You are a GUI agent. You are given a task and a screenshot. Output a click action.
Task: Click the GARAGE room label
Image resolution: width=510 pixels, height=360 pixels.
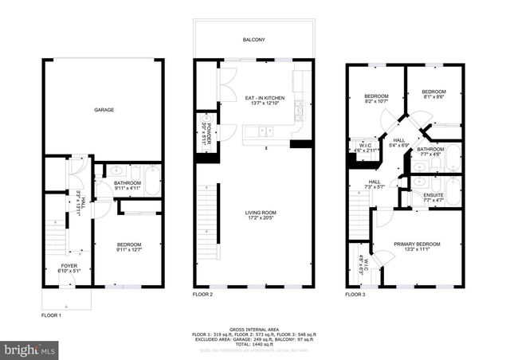pos(104,109)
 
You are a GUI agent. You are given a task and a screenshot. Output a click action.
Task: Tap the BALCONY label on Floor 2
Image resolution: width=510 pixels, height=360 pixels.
pos(254,39)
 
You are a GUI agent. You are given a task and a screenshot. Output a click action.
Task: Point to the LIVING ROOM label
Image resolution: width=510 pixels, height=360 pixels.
pos(261,212)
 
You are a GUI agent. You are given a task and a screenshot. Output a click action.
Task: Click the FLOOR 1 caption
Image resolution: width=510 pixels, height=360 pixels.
pos(52,315)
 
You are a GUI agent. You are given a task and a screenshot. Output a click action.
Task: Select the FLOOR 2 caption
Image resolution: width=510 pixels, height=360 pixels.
pos(202,295)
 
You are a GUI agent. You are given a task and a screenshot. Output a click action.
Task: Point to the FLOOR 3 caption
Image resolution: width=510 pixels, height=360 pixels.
pos(355,295)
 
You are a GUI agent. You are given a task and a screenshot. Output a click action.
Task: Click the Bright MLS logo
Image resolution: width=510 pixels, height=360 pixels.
pos(30,349)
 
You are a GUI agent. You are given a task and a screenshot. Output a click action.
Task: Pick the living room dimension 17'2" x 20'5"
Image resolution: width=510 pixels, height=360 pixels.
pos(261,219)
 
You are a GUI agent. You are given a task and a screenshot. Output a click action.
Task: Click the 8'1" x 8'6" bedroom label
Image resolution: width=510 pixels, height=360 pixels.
pos(433,98)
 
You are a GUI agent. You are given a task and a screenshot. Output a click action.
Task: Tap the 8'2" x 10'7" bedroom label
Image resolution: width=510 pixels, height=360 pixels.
pos(376,101)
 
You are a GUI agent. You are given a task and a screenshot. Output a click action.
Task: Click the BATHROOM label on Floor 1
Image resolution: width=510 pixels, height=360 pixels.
pos(127,182)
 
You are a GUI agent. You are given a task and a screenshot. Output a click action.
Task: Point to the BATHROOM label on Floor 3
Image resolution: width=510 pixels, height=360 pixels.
pos(430,148)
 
